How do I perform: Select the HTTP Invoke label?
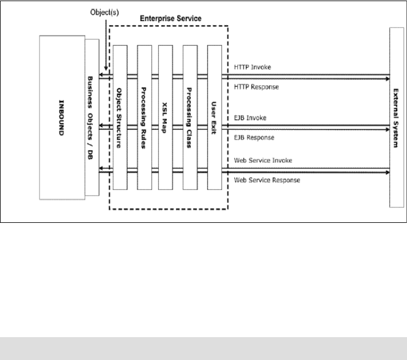(253, 67)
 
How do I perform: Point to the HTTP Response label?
(257, 86)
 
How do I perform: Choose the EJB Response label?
(254, 137)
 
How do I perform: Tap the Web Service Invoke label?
(264, 161)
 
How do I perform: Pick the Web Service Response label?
(268, 180)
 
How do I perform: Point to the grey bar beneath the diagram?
(203, 346)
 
